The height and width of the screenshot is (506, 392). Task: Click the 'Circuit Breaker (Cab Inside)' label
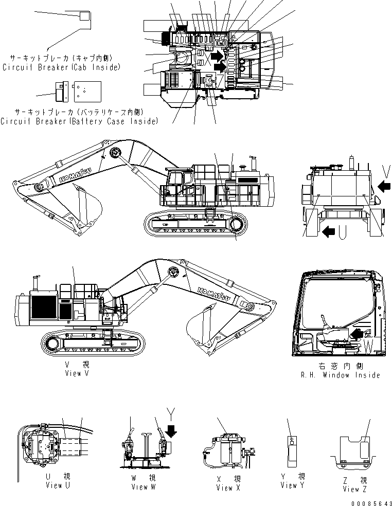click(61, 67)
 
